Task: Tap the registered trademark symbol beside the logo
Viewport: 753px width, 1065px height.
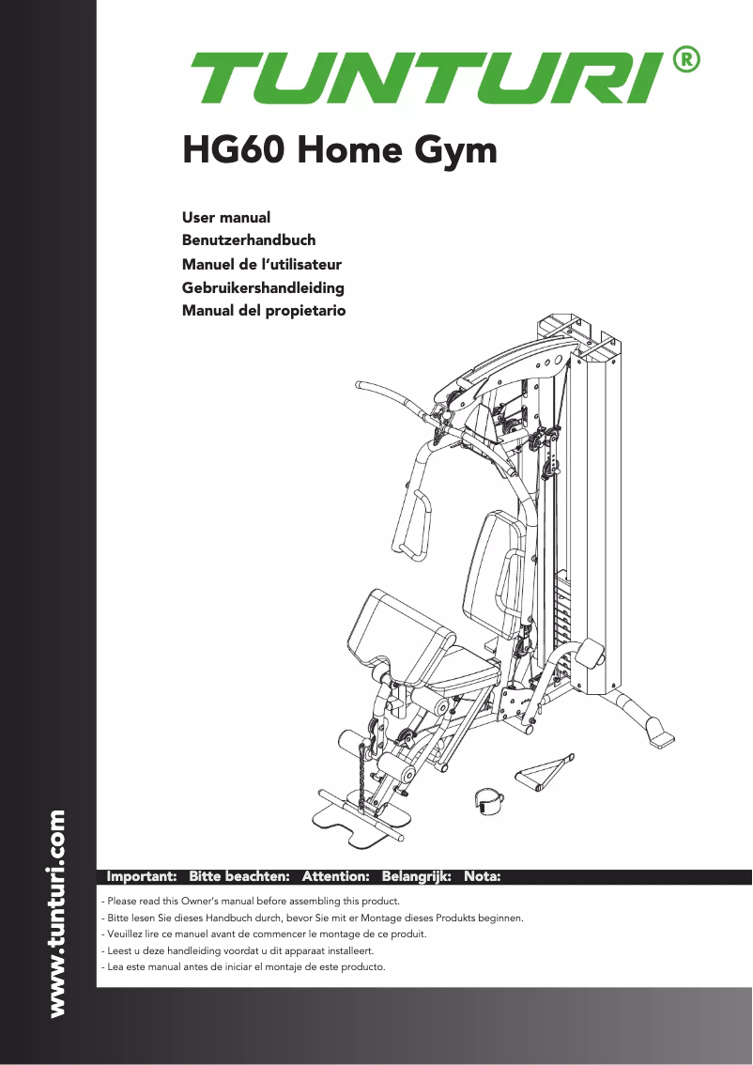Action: click(x=686, y=60)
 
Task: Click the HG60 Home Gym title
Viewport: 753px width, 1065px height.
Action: click(x=339, y=150)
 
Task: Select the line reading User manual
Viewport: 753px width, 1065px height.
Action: click(x=226, y=218)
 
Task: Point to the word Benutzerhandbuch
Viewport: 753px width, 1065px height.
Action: click(x=249, y=240)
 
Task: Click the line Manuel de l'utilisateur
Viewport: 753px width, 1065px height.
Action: click(x=261, y=264)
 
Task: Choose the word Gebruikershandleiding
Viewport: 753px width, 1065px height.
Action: click(x=263, y=287)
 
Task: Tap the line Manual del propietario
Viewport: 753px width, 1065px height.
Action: click(x=264, y=310)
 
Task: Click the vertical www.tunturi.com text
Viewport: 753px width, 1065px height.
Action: click(x=57, y=914)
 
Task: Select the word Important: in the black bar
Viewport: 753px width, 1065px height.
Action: click(x=143, y=876)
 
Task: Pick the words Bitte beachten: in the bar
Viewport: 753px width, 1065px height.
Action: click(x=239, y=876)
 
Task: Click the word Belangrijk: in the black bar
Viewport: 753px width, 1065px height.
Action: click(x=417, y=876)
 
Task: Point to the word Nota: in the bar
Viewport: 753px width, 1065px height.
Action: click(x=483, y=876)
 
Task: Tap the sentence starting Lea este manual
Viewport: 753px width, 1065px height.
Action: click(x=243, y=967)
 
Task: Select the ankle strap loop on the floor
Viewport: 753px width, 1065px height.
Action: click(x=487, y=800)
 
